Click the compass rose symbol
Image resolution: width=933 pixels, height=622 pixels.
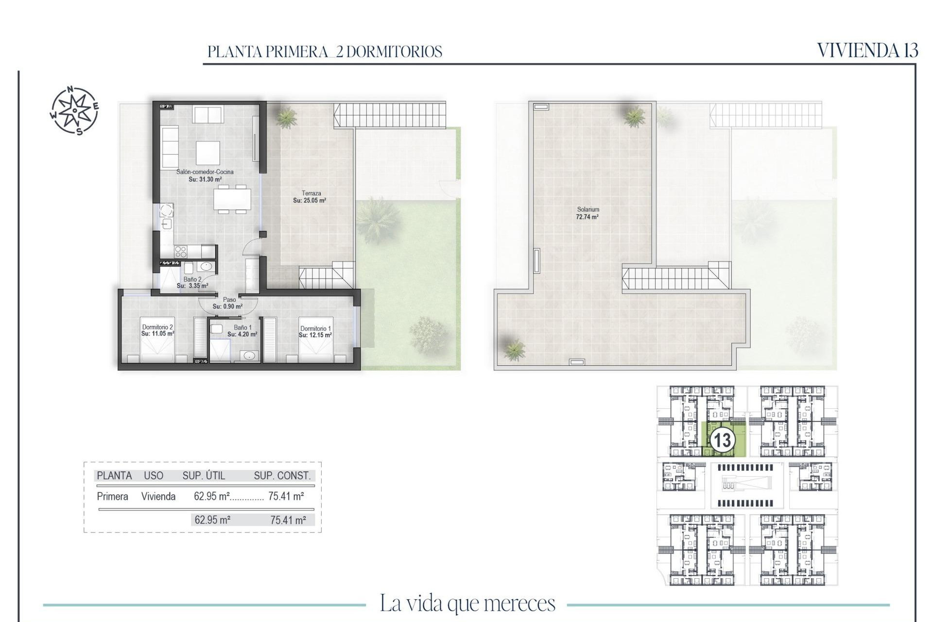(x=75, y=110)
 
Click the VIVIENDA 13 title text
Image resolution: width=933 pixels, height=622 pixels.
(x=867, y=51)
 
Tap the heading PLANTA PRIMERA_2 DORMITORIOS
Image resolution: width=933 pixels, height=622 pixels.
(x=325, y=52)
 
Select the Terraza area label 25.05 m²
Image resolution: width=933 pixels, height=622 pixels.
(x=310, y=197)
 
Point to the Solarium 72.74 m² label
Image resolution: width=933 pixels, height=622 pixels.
(x=587, y=213)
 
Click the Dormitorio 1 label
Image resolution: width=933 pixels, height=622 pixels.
(x=315, y=332)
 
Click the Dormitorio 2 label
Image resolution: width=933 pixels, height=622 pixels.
(x=157, y=330)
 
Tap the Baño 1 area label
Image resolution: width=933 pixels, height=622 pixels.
(x=242, y=331)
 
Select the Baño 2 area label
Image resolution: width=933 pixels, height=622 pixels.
(x=192, y=282)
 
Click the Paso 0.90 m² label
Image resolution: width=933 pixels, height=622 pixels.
(x=228, y=303)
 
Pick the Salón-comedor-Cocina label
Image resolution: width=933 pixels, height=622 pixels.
(x=205, y=175)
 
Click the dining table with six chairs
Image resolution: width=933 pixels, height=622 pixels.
(x=232, y=199)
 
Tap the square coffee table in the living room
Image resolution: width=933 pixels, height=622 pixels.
(x=207, y=153)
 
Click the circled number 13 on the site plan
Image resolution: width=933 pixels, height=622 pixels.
(x=722, y=440)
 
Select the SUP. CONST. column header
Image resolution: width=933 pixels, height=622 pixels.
(x=282, y=476)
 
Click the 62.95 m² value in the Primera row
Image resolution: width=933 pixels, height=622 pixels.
(x=211, y=496)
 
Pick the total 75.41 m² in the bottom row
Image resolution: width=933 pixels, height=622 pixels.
(x=288, y=520)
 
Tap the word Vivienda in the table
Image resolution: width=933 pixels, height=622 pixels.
(x=158, y=496)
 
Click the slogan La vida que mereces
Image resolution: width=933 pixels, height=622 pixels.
(x=467, y=604)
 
